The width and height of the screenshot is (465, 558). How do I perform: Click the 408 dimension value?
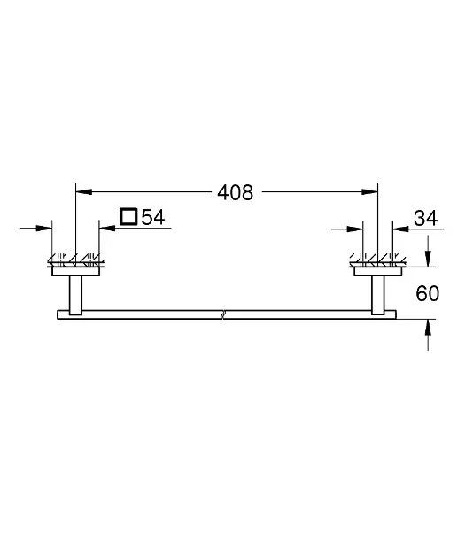tap(236, 192)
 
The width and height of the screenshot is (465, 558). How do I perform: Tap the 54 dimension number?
tap(153, 217)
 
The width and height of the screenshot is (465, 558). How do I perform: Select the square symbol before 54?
tap(128, 216)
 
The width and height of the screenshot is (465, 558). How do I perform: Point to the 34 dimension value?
tap(425, 218)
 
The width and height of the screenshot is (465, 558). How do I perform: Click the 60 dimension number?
tap(427, 293)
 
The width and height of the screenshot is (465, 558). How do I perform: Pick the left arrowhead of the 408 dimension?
tap(84, 192)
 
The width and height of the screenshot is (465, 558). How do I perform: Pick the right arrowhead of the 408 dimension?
tap(369, 192)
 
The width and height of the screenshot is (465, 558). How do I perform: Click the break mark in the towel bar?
tap(222, 314)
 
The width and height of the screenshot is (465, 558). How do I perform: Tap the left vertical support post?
tap(75, 295)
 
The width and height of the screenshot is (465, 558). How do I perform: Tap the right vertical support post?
tap(378, 295)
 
